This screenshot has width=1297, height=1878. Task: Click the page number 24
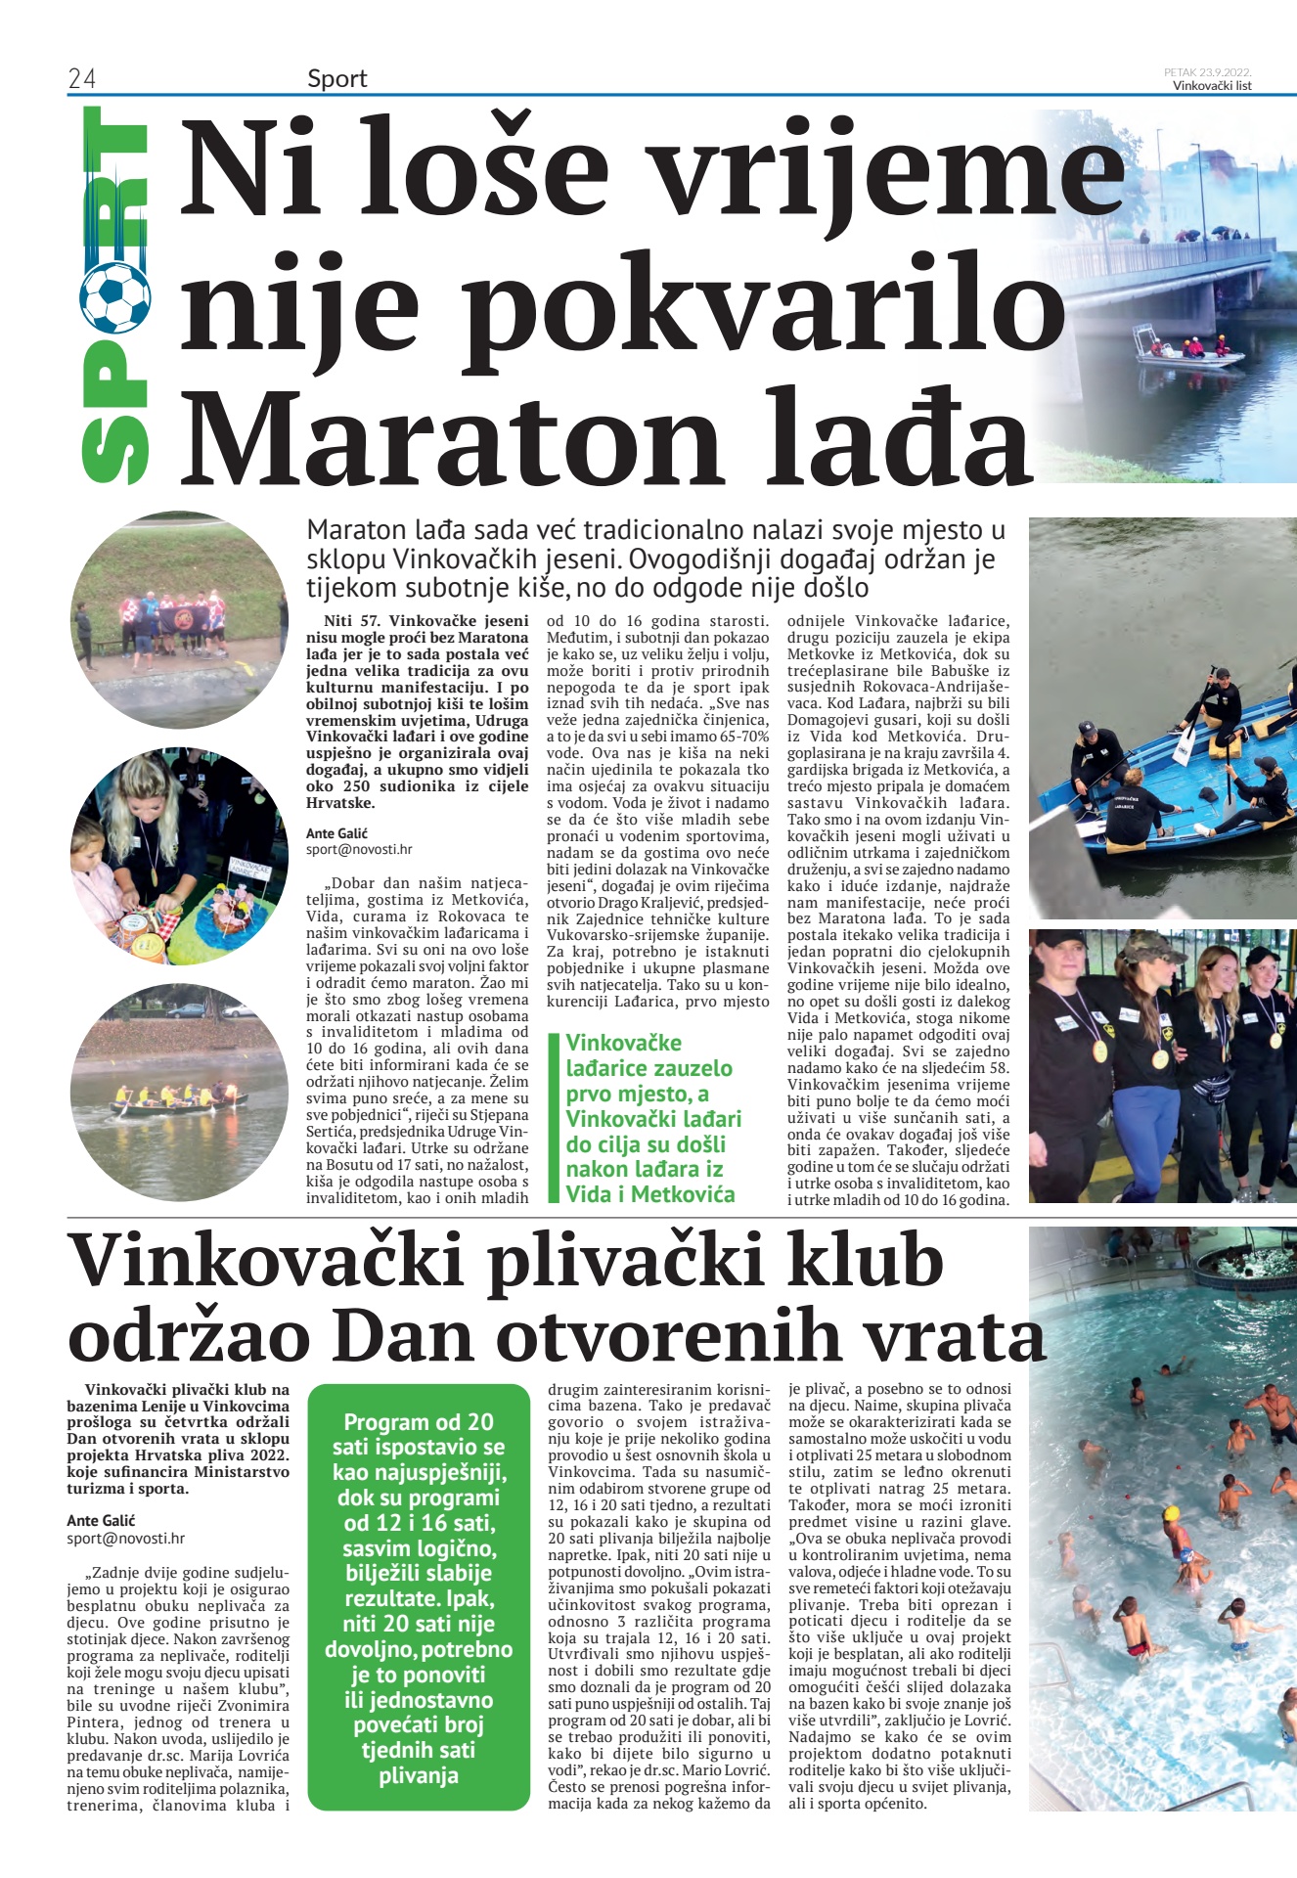[81, 79]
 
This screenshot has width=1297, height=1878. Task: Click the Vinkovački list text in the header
[1212, 85]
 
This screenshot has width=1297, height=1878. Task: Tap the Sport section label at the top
[336, 79]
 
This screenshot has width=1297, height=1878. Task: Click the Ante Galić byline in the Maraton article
[336, 833]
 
